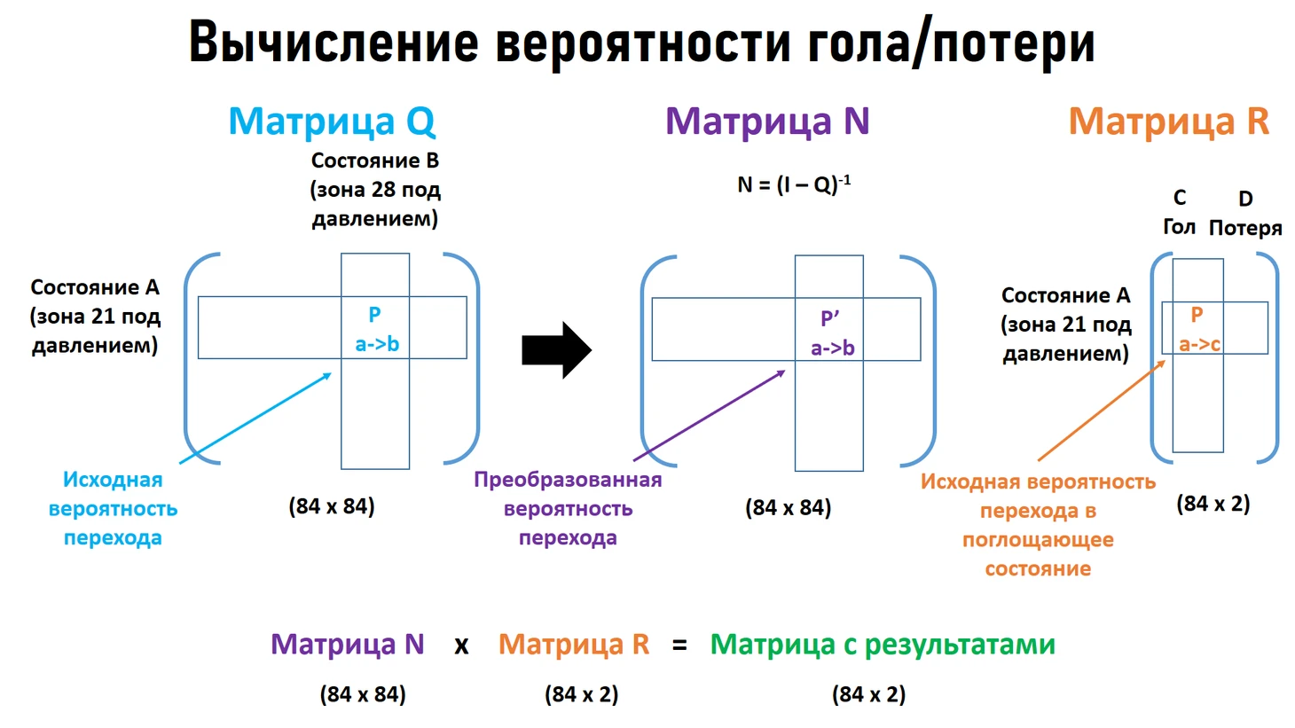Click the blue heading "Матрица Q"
(x=332, y=121)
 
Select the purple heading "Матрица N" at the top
(x=767, y=121)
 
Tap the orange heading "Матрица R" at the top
(x=1168, y=121)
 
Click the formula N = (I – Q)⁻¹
(x=794, y=184)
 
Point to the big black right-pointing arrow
(x=557, y=350)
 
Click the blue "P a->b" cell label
(x=376, y=329)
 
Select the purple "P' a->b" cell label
(x=832, y=333)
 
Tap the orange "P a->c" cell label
(x=1199, y=330)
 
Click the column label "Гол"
(x=1179, y=227)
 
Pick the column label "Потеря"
(x=1245, y=228)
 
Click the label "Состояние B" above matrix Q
(x=375, y=160)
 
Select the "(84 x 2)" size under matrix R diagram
(x=1213, y=504)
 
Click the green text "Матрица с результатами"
(x=883, y=645)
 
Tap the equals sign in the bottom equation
(x=679, y=646)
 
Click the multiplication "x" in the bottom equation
(x=460, y=646)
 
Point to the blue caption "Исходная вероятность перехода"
(x=113, y=508)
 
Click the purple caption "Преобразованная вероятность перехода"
(x=568, y=508)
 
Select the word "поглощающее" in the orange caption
(x=1038, y=540)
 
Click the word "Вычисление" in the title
(x=334, y=43)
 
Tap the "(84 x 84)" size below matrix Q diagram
(x=331, y=506)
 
